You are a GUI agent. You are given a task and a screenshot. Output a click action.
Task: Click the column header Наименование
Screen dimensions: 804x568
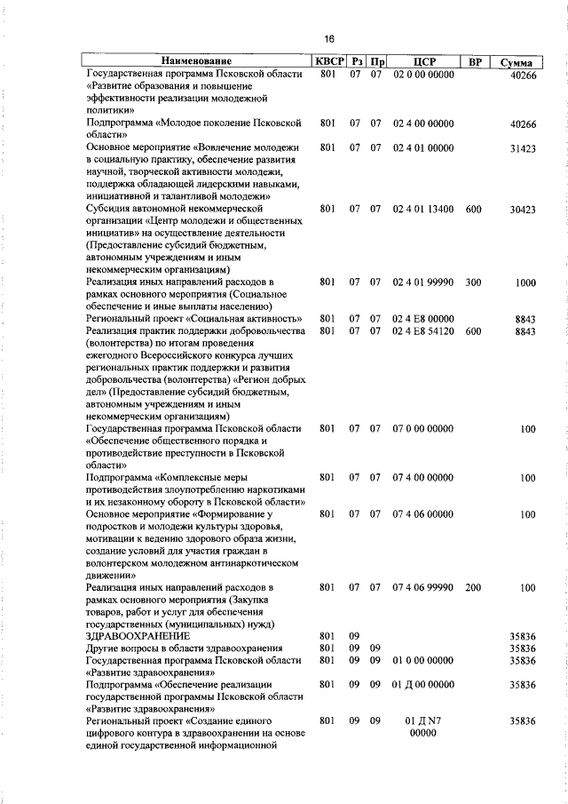point(195,62)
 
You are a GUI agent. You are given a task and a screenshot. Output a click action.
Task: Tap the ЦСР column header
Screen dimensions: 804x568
point(422,62)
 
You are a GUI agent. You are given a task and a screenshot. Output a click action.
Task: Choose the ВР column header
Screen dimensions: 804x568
point(474,62)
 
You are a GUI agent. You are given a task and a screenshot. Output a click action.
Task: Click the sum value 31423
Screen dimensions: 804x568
point(523,149)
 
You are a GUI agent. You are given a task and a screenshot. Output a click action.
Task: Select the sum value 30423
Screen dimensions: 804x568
point(523,210)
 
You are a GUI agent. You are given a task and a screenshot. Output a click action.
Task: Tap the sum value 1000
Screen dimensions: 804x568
point(525,283)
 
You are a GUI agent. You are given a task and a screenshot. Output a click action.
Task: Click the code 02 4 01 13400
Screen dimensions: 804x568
point(422,210)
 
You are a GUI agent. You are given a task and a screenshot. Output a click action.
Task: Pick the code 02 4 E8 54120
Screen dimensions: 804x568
point(422,331)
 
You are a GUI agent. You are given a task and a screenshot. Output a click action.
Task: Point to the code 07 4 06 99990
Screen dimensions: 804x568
point(422,588)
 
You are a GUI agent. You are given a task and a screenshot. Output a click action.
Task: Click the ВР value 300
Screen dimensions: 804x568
point(473,283)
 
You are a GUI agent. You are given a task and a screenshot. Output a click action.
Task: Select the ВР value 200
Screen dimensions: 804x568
point(473,588)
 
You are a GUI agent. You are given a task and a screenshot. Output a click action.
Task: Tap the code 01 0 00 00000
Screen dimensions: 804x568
point(422,661)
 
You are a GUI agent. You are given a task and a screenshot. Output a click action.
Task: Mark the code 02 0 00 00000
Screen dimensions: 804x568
point(422,76)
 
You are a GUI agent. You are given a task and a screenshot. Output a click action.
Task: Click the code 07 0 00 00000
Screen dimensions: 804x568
point(422,429)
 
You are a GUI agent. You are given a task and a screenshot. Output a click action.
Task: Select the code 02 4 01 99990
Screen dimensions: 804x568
point(422,283)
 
